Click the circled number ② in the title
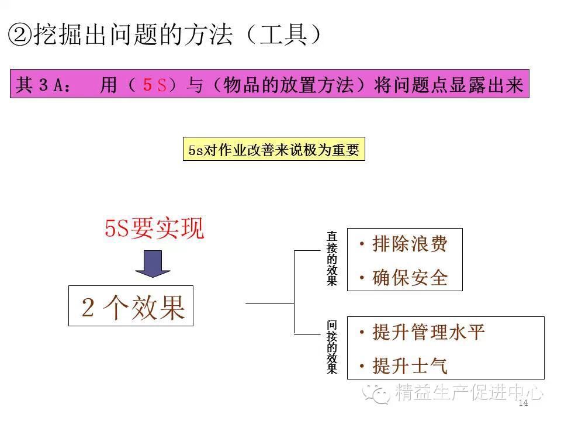click(x=20, y=34)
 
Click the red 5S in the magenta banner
click(x=155, y=85)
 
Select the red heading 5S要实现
click(x=155, y=229)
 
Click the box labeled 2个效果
click(x=131, y=306)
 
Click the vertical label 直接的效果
click(x=332, y=259)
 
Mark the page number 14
click(x=522, y=404)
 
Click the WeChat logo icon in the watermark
click(x=376, y=392)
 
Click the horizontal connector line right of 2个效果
click(x=269, y=304)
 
